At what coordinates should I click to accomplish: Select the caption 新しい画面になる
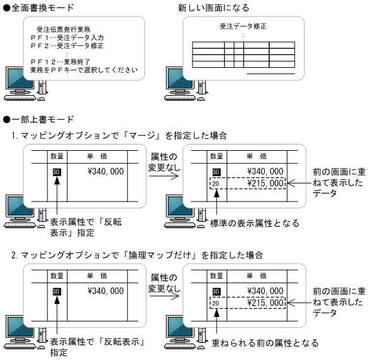pyautogui.click(x=214, y=8)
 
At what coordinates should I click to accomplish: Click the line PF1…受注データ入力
pyautogui.click(x=70, y=37)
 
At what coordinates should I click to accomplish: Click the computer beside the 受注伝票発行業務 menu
pyautogui.click(x=23, y=82)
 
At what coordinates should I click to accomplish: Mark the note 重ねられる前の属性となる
pyautogui.click(x=266, y=343)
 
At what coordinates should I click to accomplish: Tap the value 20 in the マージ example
pyautogui.click(x=216, y=184)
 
